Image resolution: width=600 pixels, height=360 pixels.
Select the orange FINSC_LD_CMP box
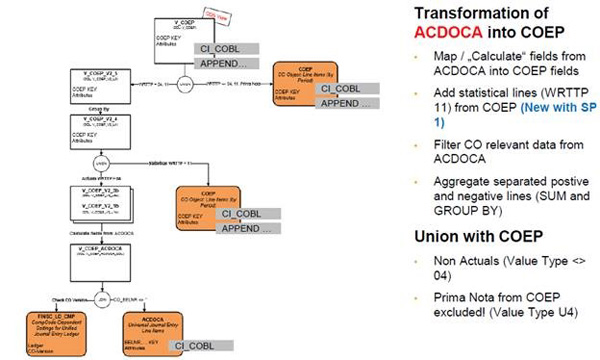(x=51, y=330)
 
